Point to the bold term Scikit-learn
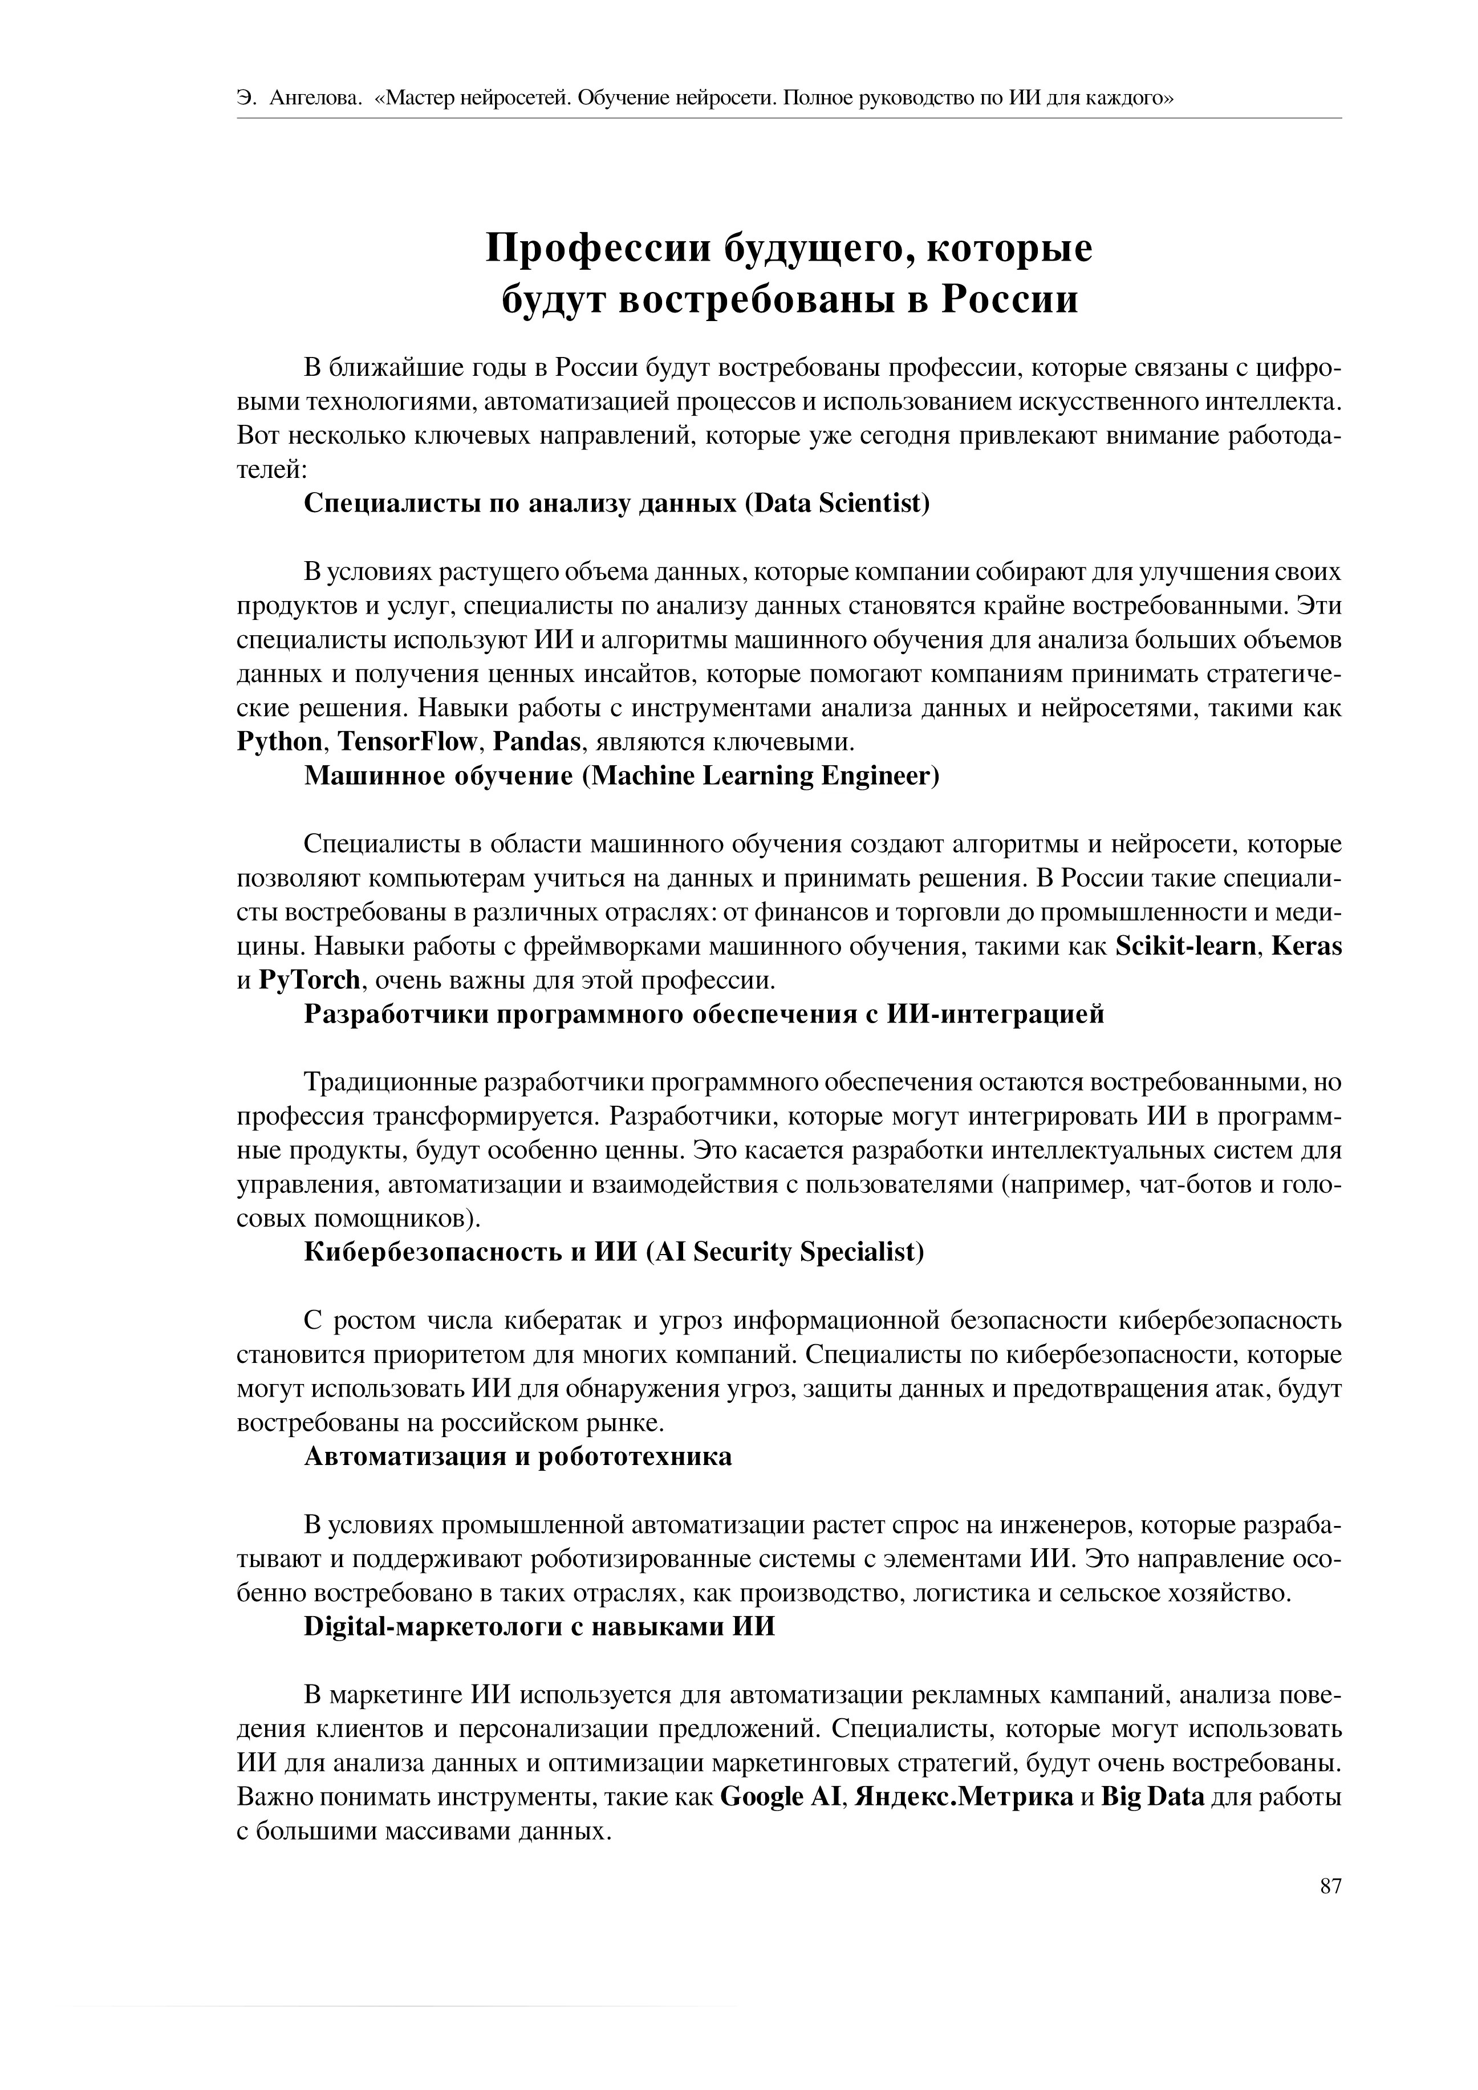(1185, 947)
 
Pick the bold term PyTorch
(310, 980)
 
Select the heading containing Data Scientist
(616, 504)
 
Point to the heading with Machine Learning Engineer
(621, 777)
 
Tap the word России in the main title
(1009, 299)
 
